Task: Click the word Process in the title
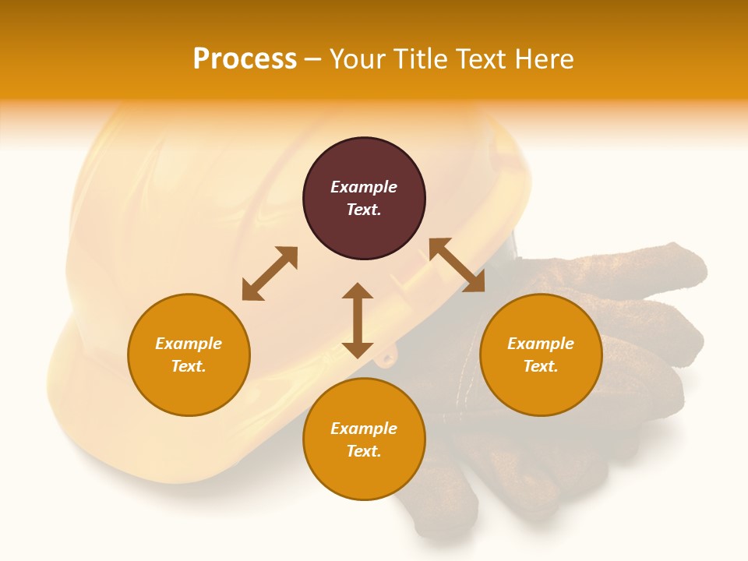coord(245,59)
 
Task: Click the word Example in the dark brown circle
coord(364,187)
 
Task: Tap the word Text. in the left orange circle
coord(189,366)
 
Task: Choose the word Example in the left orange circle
coord(189,344)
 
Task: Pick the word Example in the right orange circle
coord(541,344)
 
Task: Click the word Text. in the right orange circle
coord(541,366)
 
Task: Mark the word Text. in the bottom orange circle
coord(364,451)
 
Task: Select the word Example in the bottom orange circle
coord(364,429)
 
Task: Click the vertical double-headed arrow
coord(358,320)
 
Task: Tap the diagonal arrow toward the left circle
coord(270,273)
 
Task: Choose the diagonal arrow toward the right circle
coord(457,265)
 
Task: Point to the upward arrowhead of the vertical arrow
coord(358,291)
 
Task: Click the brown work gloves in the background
coord(623,327)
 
